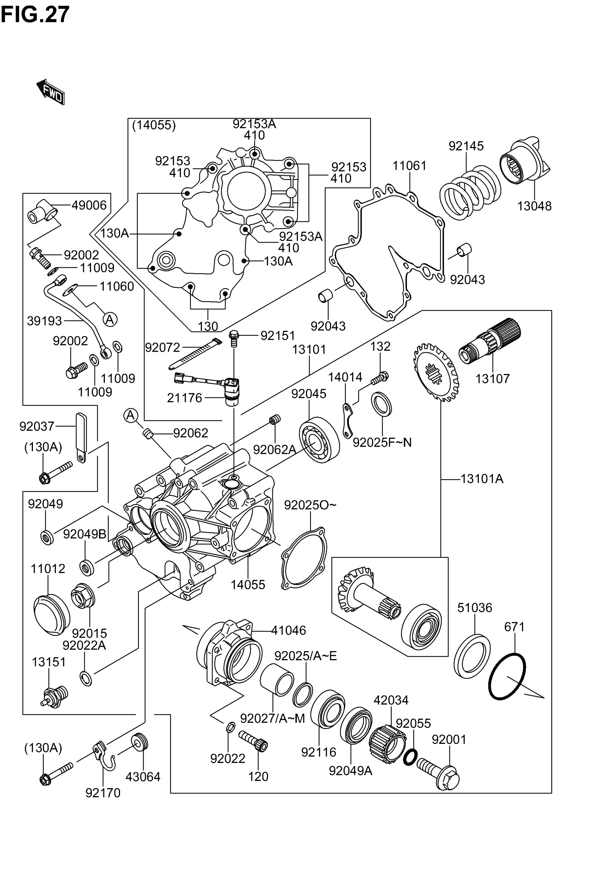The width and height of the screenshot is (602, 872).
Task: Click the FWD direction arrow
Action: (51, 92)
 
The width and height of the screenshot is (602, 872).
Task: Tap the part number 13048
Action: (534, 206)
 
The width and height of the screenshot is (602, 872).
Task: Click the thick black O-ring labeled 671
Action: (507, 676)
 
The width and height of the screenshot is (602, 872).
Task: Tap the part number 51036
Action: (475, 608)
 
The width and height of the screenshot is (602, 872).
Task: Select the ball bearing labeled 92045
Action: (319, 440)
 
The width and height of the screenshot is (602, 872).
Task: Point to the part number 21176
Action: (184, 398)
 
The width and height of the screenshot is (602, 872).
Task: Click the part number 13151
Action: (49, 662)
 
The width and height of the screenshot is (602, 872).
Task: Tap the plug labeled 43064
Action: (140, 743)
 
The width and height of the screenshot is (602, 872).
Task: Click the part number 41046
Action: (289, 630)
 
